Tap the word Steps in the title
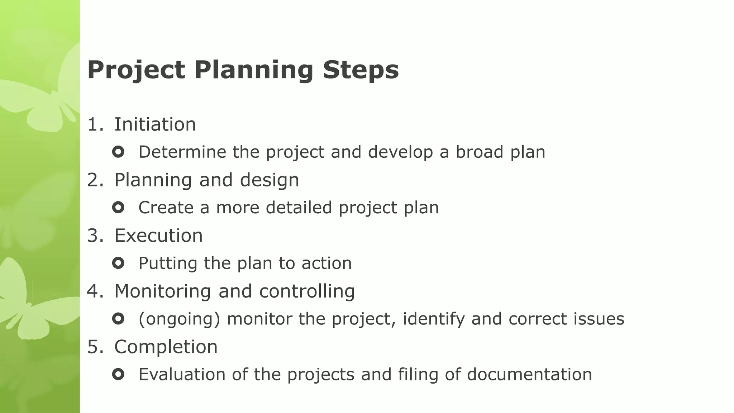[361, 70]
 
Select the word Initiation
[155, 124]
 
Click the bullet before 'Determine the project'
[118, 152]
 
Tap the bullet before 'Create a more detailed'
[118, 207]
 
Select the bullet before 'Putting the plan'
[118, 263]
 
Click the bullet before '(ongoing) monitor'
[118, 319]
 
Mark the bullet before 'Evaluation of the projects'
[118, 375]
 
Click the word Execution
[158, 236]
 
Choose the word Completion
[166, 347]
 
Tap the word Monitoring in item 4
[162, 291]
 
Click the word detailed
[299, 207]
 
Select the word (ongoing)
[179, 319]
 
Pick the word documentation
[529, 374]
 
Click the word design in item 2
[269, 180]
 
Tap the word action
[327, 263]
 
